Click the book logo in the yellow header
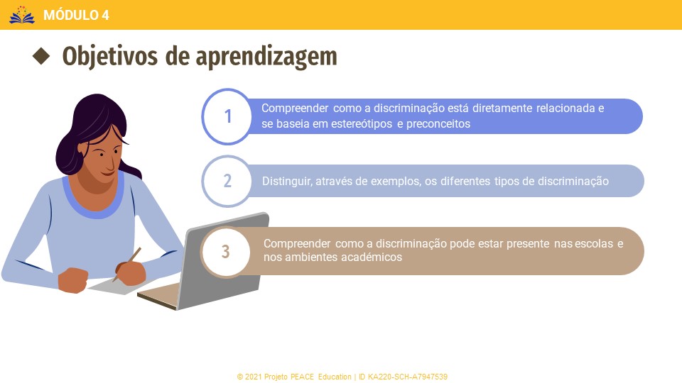click(x=22, y=15)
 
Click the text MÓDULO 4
click(x=76, y=15)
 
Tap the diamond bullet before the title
click(x=41, y=56)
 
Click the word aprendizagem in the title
click(x=266, y=57)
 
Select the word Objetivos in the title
click(x=109, y=57)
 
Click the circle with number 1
click(x=227, y=116)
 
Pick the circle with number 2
click(x=227, y=181)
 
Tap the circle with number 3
click(x=226, y=251)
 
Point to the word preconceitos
click(x=438, y=124)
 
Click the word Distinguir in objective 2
click(x=287, y=181)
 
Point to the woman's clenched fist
click(x=73, y=280)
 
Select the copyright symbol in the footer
click(x=240, y=377)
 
